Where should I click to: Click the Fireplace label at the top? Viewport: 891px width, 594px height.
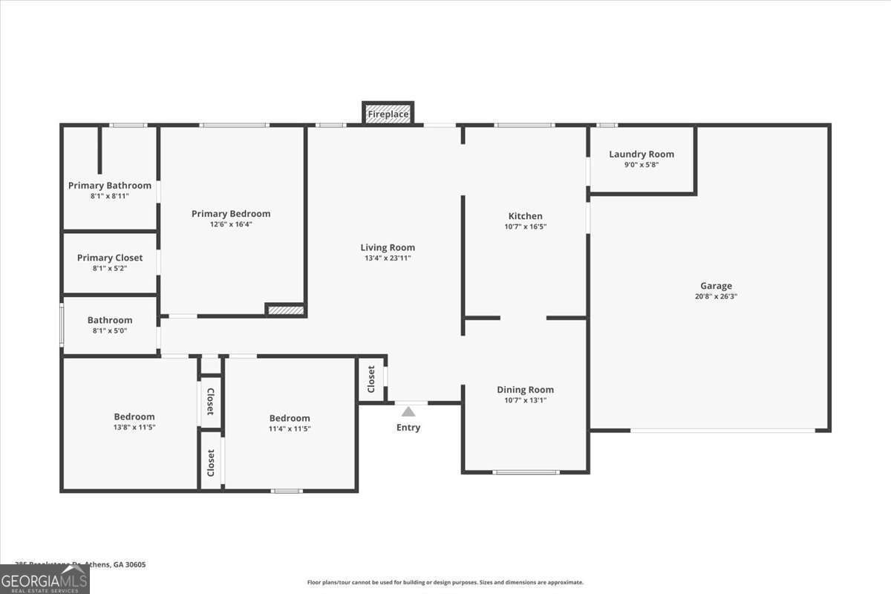point(388,114)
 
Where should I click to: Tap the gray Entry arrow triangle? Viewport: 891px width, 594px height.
point(408,411)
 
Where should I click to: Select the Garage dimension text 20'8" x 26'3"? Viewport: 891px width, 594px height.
point(716,296)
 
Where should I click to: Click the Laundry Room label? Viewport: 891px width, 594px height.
point(642,154)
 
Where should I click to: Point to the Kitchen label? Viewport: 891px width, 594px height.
point(525,216)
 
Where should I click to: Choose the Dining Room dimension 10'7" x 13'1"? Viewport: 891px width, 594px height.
point(525,400)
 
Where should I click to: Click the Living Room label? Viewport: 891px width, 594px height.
point(388,247)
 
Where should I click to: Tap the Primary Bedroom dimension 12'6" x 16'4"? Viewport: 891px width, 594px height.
point(231,224)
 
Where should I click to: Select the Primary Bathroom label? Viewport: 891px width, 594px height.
point(110,186)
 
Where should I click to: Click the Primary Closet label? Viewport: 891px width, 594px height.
point(110,258)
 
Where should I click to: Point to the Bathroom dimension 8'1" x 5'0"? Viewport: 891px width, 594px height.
point(110,330)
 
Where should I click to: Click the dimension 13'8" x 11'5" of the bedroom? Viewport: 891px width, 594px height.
point(134,428)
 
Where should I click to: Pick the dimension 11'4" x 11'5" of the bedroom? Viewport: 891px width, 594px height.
point(290,428)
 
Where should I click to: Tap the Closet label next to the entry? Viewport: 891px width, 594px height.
point(371,379)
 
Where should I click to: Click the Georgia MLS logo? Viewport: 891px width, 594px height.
point(45,579)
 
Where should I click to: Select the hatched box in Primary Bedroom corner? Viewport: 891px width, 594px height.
point(286,310)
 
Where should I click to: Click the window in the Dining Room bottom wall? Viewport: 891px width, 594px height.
point(526,472)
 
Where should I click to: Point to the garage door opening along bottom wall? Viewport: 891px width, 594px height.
point(722,431)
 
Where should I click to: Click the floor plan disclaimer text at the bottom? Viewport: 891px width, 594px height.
point(446,583)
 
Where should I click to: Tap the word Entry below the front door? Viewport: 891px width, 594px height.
point(408,428)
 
